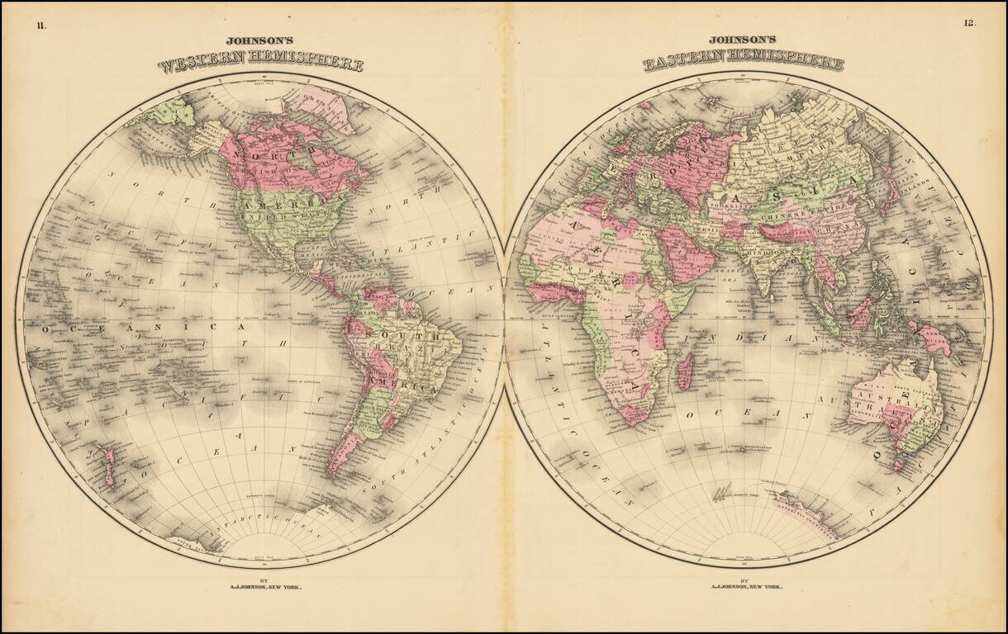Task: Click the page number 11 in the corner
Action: coord(41,24)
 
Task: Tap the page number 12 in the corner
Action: coord(969,23)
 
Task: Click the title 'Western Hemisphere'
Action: coord(260,64)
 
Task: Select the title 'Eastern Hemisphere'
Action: coord(744,63)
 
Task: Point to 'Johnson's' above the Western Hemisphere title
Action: coord(259,40)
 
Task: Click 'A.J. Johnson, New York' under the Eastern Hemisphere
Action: coord(744,587)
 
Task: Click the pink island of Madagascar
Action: coord(684,369)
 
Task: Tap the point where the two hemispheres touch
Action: coord(504,319)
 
